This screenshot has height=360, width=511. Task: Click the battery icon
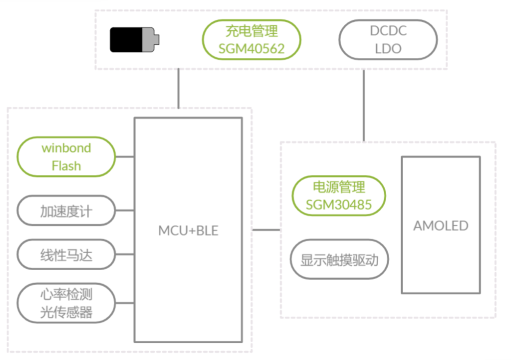click(134, 40)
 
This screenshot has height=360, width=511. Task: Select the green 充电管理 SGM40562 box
click(252, 40)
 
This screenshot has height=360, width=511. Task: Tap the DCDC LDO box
click(388, 40)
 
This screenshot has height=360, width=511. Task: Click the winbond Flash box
click(66, 157)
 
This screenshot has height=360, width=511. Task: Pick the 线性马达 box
click(66, 255)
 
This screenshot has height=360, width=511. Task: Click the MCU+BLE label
click(188, 231)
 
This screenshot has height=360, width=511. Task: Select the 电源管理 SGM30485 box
click(339, 196)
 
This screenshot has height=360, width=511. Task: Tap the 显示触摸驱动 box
click(339, 260)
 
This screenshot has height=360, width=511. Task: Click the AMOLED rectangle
click(441, 225)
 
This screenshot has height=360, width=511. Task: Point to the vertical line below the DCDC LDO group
click(364, 105)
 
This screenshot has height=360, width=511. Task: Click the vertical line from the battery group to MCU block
click(178, 88)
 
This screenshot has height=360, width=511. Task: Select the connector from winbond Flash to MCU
click(125, 157)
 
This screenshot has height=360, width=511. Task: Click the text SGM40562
click(252, 49)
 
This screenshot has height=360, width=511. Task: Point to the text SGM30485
click(339, 204)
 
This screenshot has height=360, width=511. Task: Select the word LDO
click(388, 49)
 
